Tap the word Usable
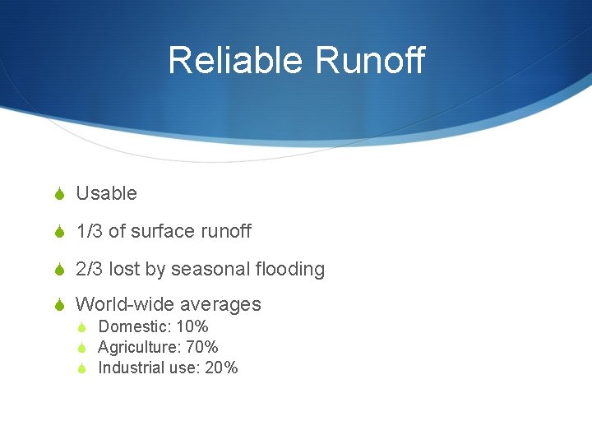(x=106, y=194)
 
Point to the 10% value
(x=192, y=327)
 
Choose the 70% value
(x=201, y=348)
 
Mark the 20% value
(x=221, y=368)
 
